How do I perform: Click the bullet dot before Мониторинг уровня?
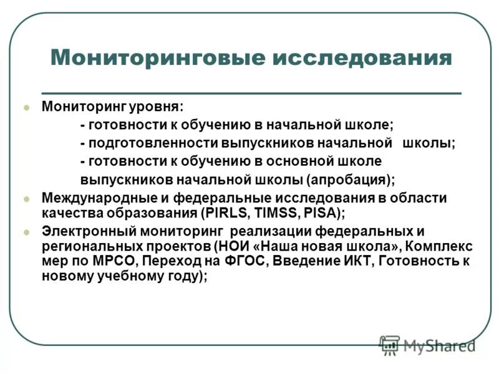tap(26, 107)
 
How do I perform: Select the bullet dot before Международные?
tap(26, 198)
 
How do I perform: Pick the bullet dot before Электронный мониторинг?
tap(26, 231)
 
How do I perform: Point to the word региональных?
tap(83, 245)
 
